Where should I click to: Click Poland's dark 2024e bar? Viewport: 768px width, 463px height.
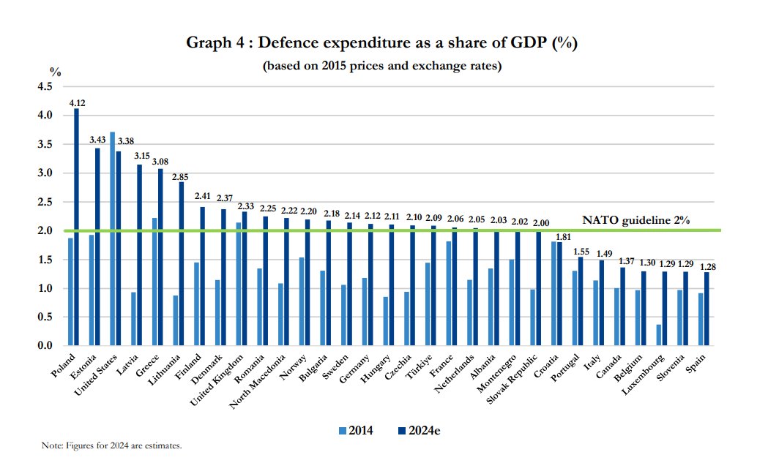[76, 227]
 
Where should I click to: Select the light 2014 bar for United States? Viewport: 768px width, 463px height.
[113, 239]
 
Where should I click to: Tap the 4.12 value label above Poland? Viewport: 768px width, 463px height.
[78, 103]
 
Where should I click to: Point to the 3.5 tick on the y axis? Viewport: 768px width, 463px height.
[45, 144]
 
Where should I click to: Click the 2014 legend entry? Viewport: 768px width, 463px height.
[356, 431]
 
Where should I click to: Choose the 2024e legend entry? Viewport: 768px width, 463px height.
[420, 431]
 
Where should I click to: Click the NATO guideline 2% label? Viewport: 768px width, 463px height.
[635, 220]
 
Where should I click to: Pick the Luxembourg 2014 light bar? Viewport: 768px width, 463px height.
[659, 335]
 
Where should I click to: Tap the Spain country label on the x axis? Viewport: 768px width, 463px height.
[696, 363]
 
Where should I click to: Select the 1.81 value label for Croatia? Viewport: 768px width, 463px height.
[563, 237]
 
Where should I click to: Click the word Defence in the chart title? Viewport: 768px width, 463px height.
[289, 42]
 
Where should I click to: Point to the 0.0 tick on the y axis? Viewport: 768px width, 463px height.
[45, 345]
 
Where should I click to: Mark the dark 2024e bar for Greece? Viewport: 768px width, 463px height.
[160, 257]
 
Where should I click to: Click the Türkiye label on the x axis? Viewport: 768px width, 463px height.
[420, 367]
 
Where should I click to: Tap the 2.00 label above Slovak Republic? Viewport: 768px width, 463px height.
[541, 222]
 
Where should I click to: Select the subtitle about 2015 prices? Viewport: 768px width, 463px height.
[382, 66]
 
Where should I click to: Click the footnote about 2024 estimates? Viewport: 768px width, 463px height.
[112, 445]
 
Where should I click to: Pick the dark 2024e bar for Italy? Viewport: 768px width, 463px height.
[602, 303]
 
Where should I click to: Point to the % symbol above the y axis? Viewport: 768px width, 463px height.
[56, 72]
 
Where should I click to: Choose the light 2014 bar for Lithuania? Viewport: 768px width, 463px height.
[176, 320]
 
